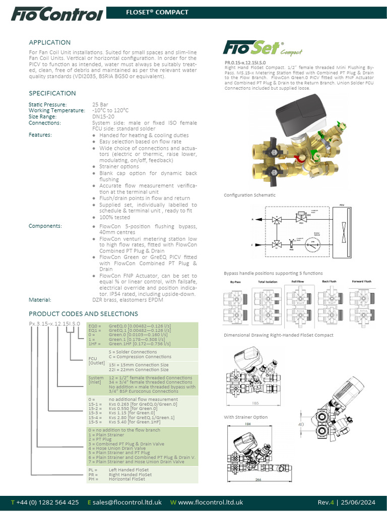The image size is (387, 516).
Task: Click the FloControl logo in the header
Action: tap(56, 15)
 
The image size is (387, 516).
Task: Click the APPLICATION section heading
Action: tap(49, 42)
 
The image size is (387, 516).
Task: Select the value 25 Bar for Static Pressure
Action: tap(99, 104)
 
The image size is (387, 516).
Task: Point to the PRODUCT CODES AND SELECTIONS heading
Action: tap(80, 313)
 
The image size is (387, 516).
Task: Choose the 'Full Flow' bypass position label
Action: tap(297, 281)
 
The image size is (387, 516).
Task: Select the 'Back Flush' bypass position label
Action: tap(329, 281)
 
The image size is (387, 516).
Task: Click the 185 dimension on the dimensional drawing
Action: tap(256, 404)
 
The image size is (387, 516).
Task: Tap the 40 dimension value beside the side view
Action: tap(301, 425)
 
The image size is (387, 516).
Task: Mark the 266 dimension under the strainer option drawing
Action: tap(257, 479)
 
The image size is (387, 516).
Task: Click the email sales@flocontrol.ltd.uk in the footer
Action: tap(126, 502)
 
